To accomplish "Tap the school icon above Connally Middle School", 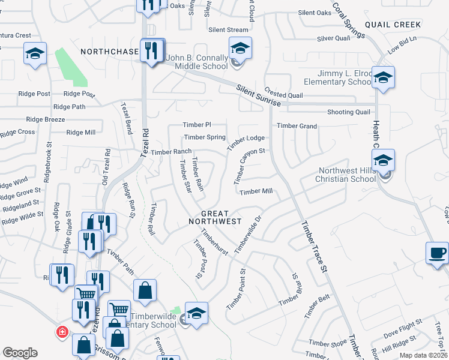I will [x=240, y=47].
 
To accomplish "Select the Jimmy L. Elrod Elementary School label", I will [x=339, y=77].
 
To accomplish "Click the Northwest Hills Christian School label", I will [x=347, y=174].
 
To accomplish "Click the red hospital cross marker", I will [x=61, y=331].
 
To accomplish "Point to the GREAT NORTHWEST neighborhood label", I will [x=217, y=217].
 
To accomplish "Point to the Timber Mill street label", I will [x=256, y=191].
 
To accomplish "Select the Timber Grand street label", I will [x=297, y=126].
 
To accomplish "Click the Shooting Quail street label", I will [x=348, y=112].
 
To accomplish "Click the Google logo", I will [x=20, y=352].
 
